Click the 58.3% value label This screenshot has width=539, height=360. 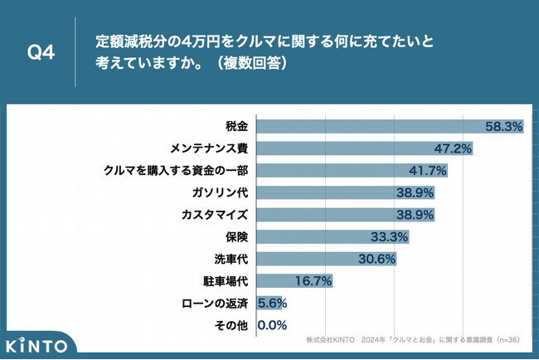pos(503,127)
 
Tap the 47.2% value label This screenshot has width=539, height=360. pos(454,148)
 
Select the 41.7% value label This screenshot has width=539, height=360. pos(429,171)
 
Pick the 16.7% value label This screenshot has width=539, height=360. pos(313,281)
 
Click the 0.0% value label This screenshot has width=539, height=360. pos(273,325)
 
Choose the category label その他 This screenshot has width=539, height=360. pos(231,325)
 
